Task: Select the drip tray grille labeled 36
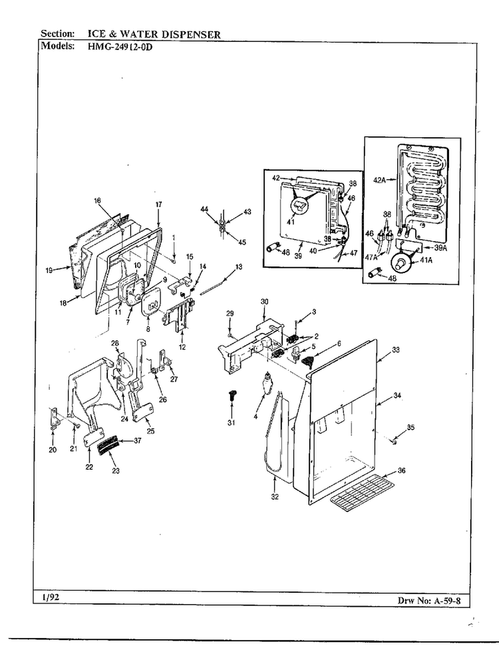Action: tap(366, 493)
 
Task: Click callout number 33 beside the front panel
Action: tap(396, 350)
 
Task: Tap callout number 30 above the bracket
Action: tap(264, 302)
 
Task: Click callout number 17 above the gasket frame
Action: tap(158, 204)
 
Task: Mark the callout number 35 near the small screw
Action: tap(411, 428)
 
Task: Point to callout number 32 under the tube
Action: tap(274, 496)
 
